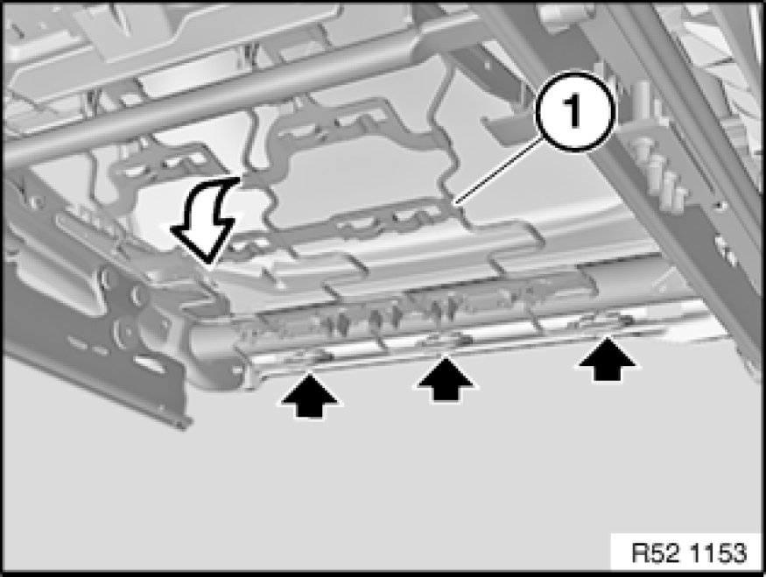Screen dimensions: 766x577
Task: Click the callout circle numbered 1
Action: click(573, 112)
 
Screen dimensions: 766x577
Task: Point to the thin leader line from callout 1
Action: click(497, 171)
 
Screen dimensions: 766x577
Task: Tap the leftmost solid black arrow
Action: click(310, 394)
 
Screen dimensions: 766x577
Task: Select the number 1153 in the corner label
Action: click(718, 553)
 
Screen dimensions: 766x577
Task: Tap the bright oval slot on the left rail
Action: click(150, 362)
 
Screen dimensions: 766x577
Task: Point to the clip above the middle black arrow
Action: click(445, 340)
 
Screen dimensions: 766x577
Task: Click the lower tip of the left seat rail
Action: click(182, 424)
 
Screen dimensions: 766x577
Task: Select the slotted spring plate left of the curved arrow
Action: click(158, 166)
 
